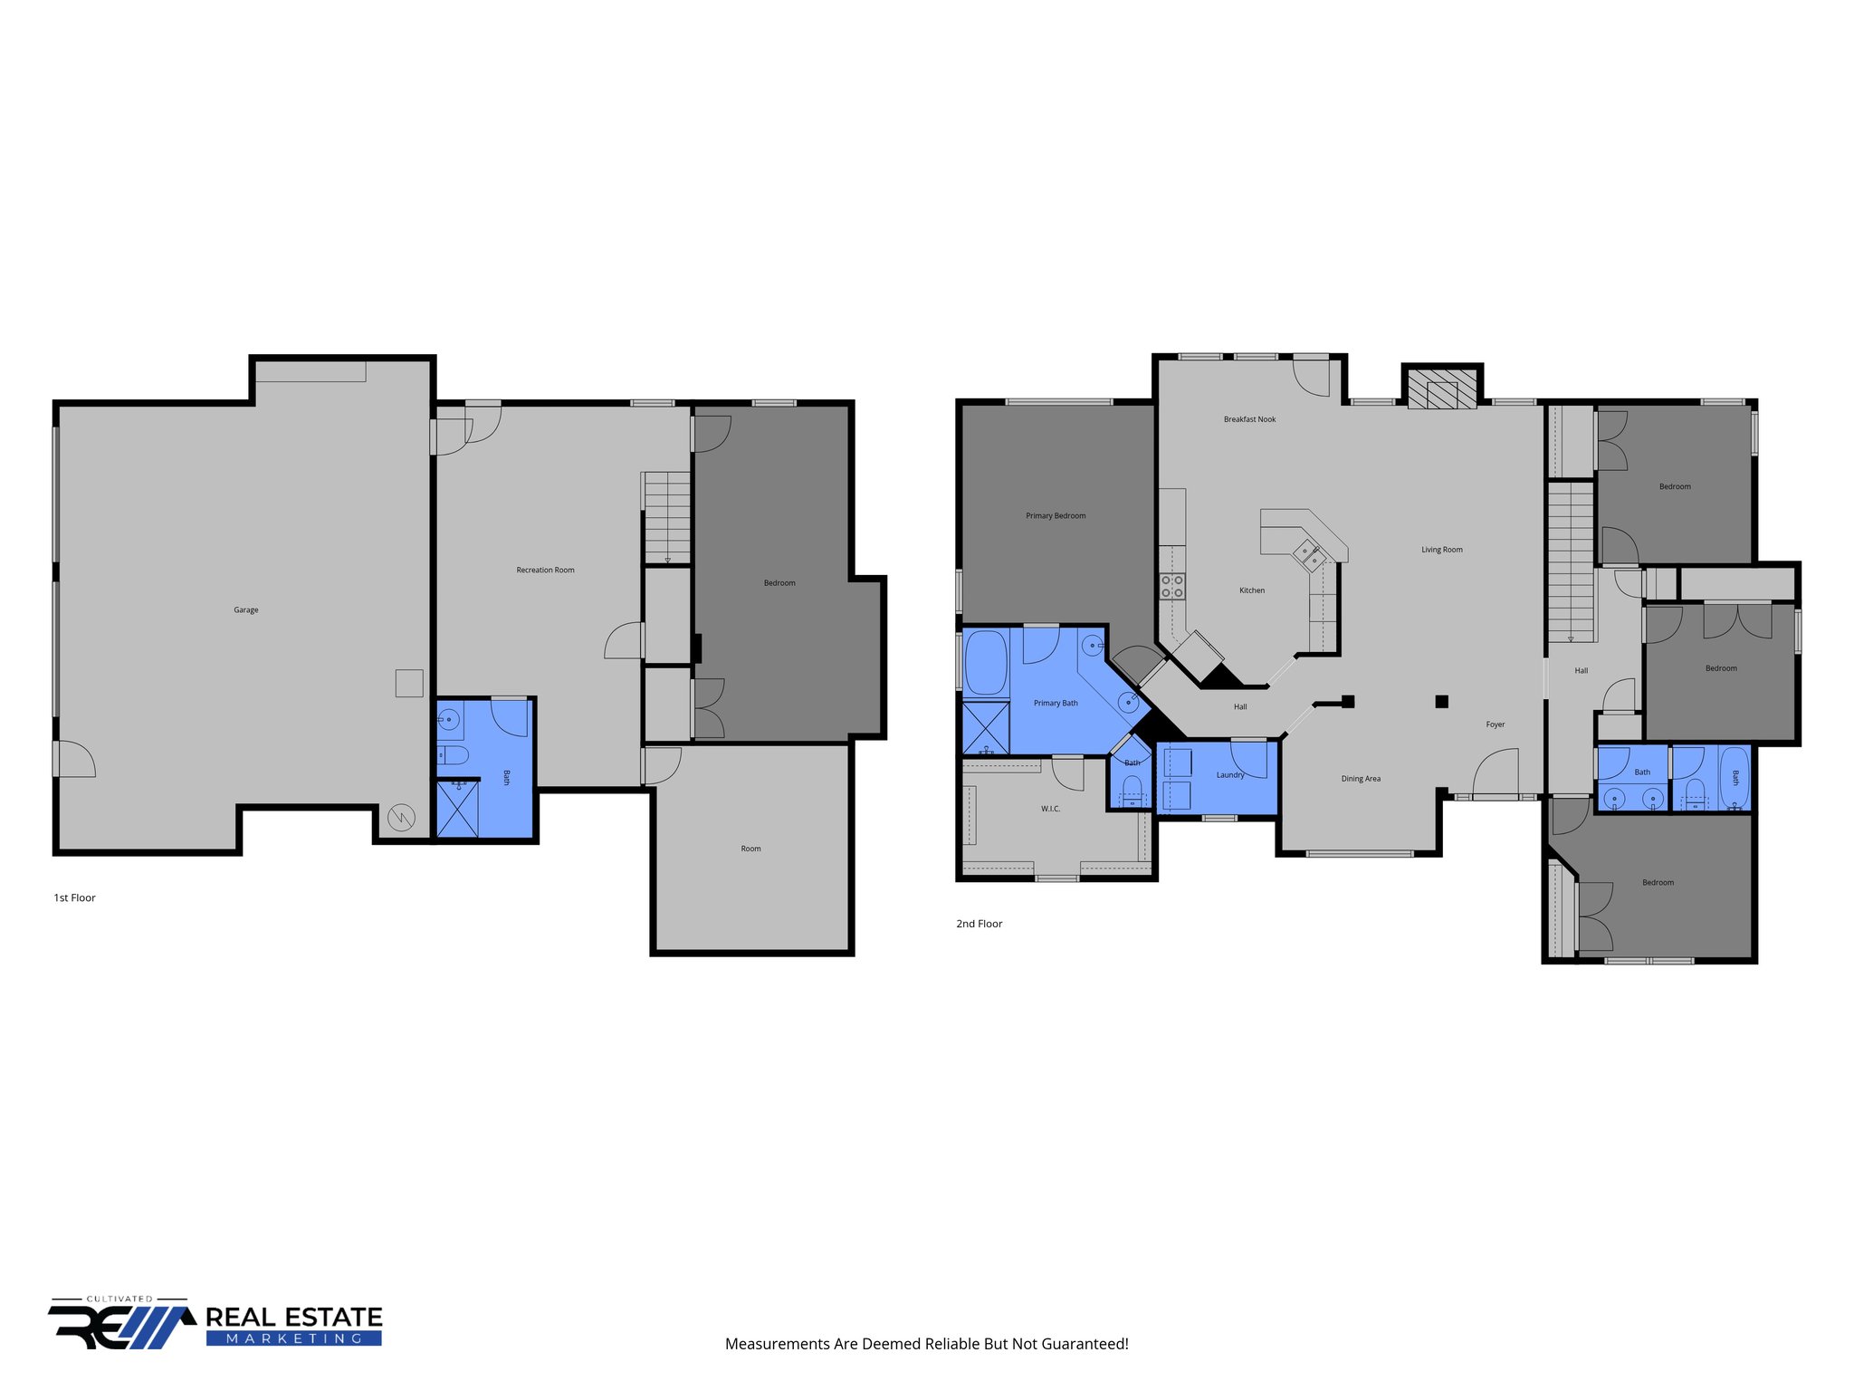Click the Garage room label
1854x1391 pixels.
point(246,610)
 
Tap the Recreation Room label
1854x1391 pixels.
point(545,571)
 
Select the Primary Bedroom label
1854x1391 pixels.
point(1056,516)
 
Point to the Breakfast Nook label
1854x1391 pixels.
point(1249,419)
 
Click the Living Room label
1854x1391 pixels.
point(1441,550)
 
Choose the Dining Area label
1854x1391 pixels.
point(1361,779)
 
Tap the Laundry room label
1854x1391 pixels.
point(1230,775)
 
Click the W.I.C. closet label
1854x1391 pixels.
point(1050,809)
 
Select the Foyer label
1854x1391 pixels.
point(1496,724)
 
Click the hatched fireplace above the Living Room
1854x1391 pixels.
point(1442,389)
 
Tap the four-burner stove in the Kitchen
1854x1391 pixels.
point(1172,586)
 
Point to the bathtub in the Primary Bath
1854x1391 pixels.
point(986,663)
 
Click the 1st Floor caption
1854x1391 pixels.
point(74,898)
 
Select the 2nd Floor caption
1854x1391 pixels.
point(980,924)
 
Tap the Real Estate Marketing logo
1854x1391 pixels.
point(215,1323)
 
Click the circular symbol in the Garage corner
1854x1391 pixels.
point(401,819)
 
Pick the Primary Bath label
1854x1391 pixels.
point(1056,704)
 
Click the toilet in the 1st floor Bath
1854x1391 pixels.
point(453,755)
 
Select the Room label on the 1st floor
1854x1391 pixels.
point(750,849)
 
